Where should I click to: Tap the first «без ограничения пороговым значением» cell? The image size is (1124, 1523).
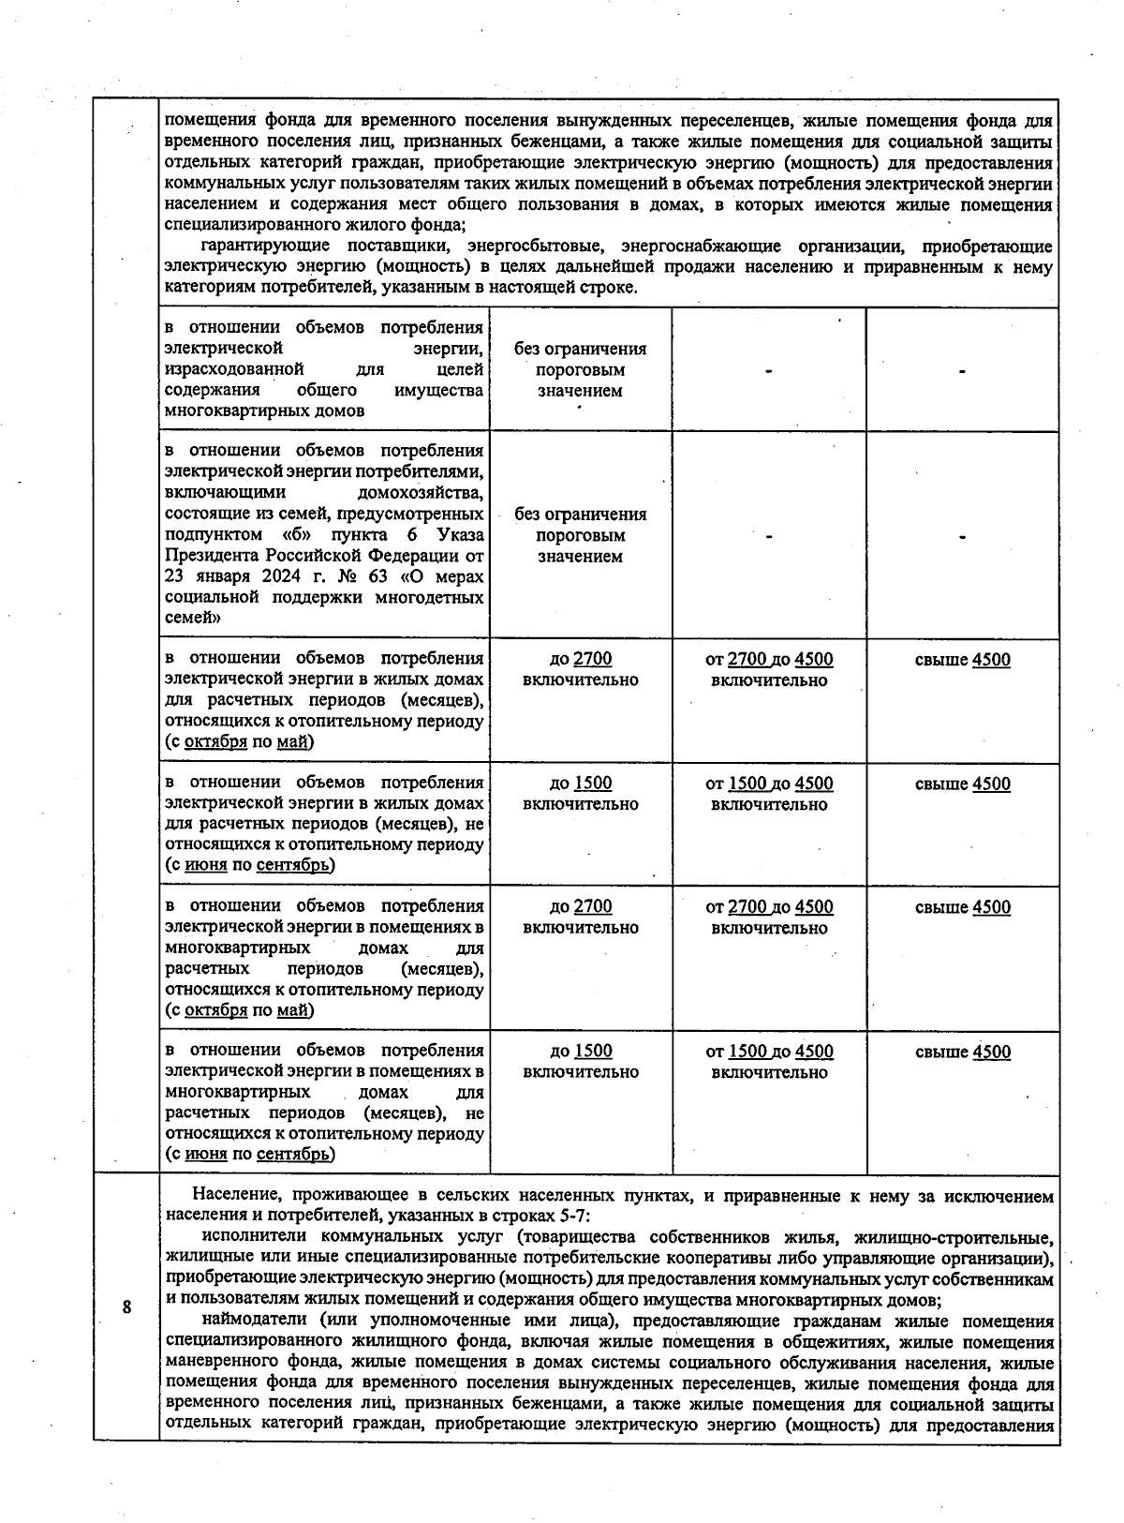[x=581, y=369]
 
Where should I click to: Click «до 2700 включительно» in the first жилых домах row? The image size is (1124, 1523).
[x=581, y=669]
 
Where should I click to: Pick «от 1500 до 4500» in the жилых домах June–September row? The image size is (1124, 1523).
[x=769, y=784]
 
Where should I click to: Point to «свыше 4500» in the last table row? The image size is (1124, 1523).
[x=962, y=1052]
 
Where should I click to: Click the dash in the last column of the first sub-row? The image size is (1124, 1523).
[x=962, y=371]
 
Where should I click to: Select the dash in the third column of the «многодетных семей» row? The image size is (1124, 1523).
[x=768, y=536]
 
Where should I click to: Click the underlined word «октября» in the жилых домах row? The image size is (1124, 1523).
[x=215, y=742]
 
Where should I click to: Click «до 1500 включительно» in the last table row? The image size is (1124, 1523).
[x=581, y=1061]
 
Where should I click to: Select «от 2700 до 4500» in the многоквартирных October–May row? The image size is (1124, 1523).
[x=769, y=907]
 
